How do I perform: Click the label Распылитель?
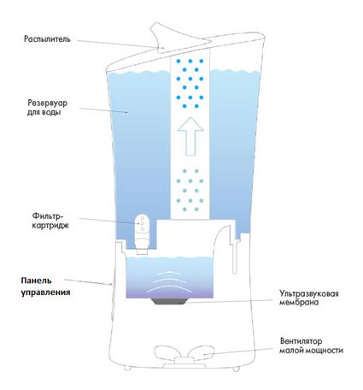pos(47,39)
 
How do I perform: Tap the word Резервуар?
pos(48,103)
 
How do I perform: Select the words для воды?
pos(44,112)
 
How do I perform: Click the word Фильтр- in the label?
pos(47,216)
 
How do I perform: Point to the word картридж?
pos(50,226)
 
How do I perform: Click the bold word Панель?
pos(36,281)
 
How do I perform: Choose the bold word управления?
pos(45,292)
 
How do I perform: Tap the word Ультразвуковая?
pos(309,293)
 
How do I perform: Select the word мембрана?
pos(299,302)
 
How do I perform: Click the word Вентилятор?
pos(302,341)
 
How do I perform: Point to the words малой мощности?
pos(311,351)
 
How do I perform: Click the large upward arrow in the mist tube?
pos(190,136)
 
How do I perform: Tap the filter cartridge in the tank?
pos(142,234)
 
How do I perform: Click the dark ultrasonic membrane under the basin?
pos(169,301)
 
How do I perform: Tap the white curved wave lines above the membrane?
pos(169,281)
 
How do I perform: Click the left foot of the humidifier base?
pos(127,368)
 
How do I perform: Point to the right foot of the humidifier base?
pos(236,369)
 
